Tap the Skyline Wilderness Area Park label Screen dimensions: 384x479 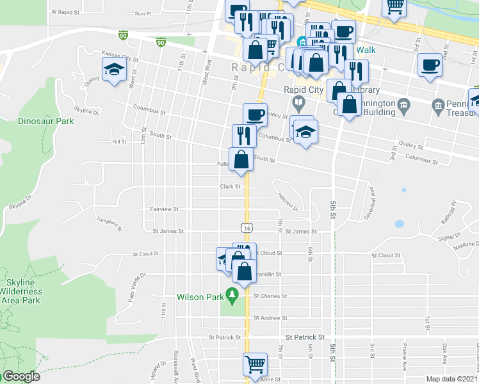24,291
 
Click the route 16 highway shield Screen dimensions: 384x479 247,227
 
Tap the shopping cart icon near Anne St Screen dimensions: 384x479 255,365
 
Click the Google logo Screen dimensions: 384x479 20,376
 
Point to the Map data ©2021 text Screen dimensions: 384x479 451,379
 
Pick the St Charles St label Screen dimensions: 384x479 270,296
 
